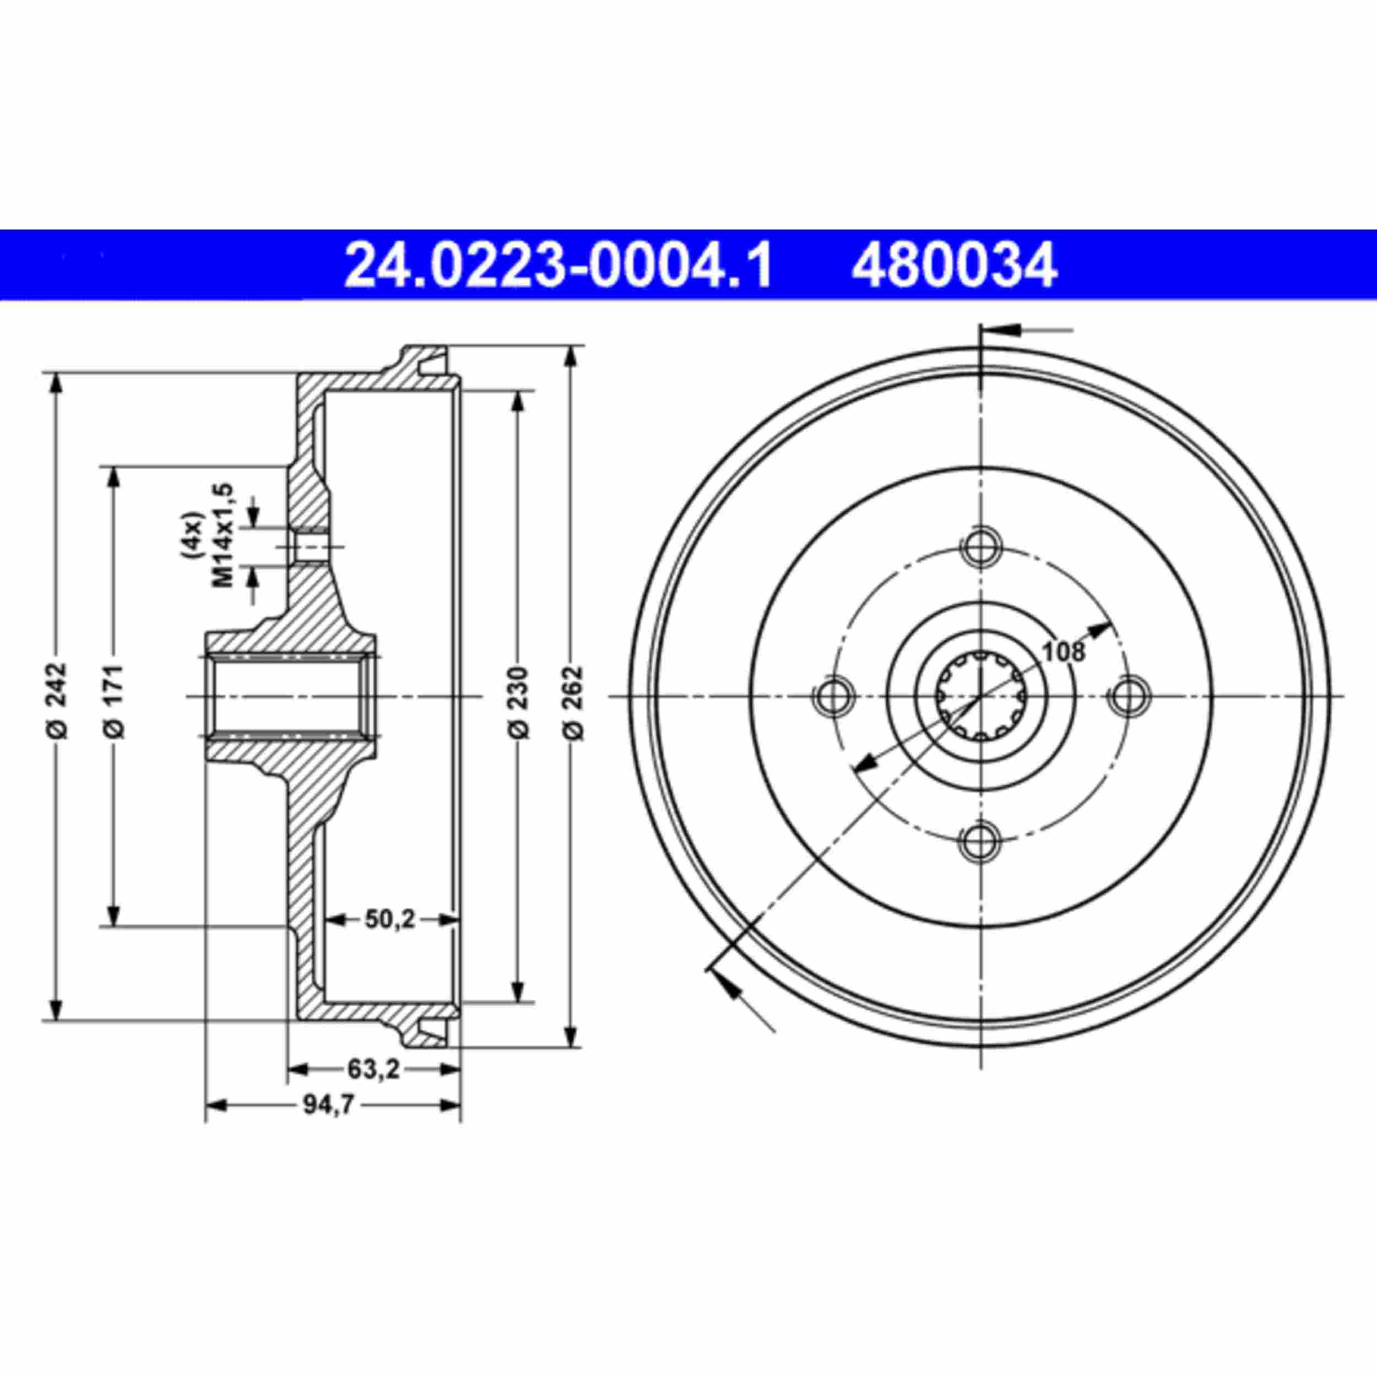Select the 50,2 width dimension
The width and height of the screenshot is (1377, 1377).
[390, 919]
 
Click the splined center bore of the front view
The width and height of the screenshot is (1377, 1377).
[982, 696]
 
